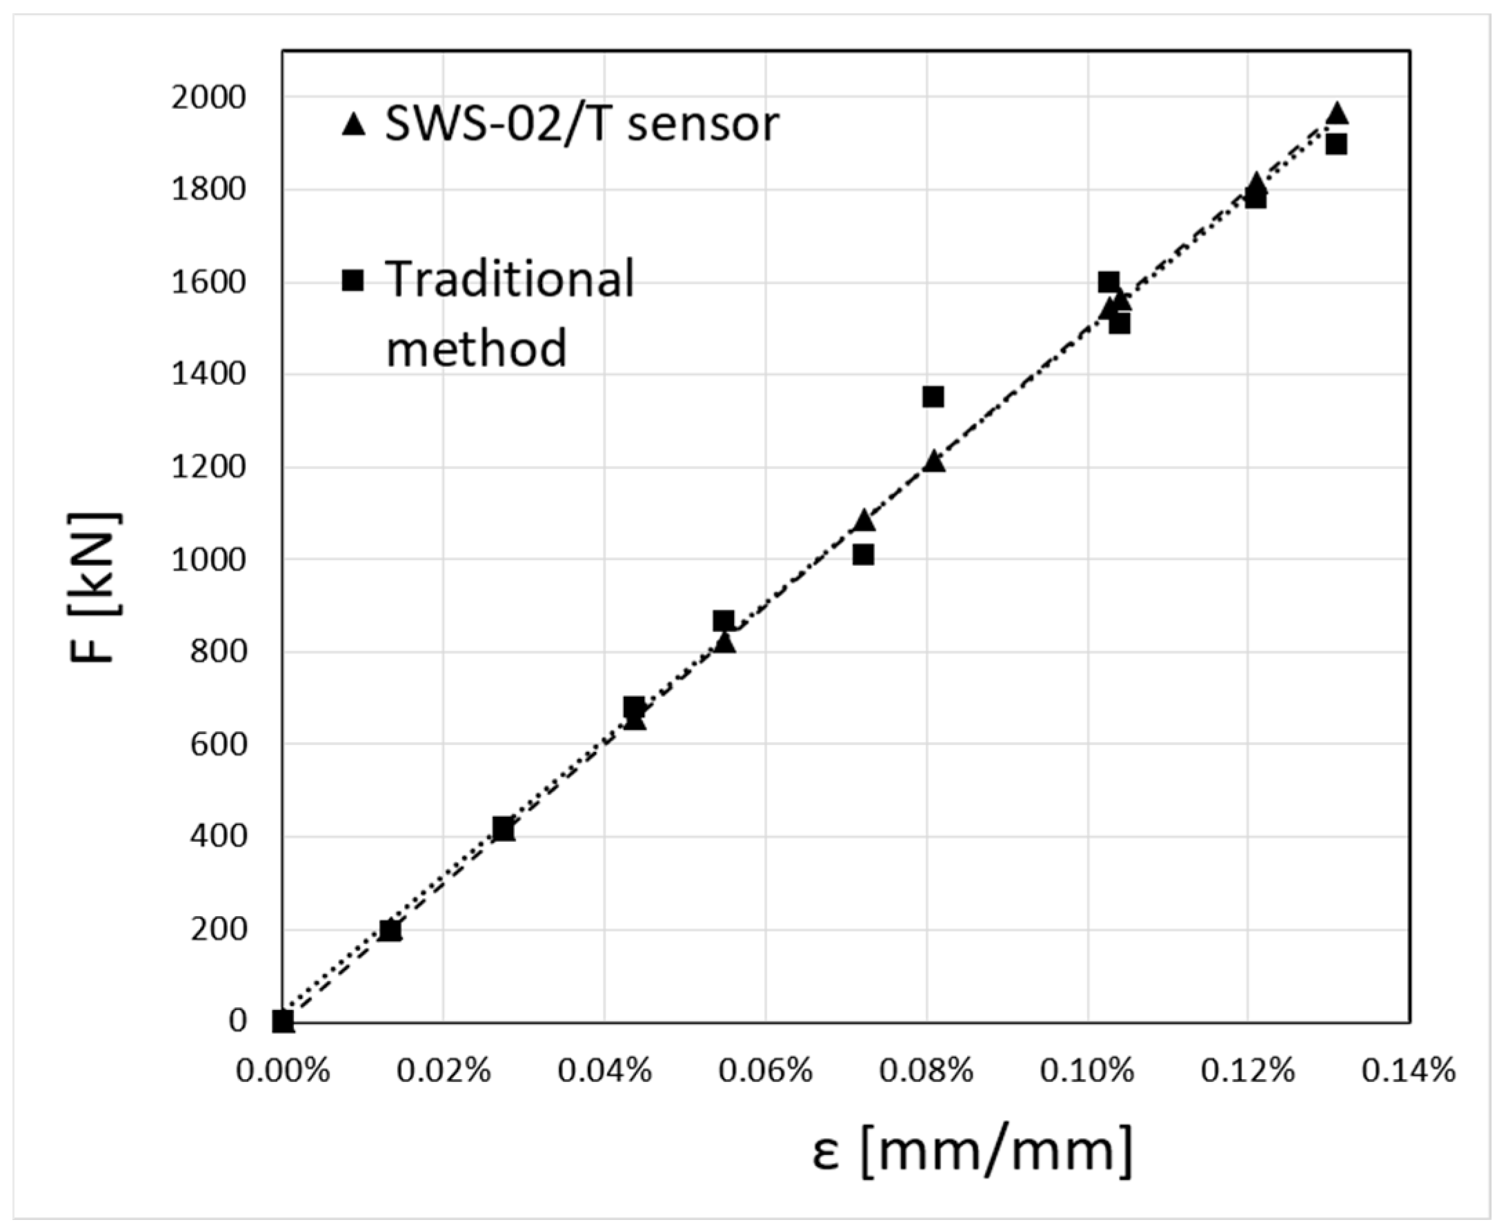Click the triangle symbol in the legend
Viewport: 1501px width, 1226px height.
click(x=353, y=125)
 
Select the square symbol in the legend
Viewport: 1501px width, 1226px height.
click(x=352, y=280)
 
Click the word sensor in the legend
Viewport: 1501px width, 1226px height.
click(x=703, y=124)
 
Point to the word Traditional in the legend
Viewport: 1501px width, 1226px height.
click(x=510, y=279)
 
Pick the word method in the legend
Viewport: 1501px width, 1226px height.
click(x=477, y=347)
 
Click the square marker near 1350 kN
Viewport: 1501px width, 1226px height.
click(x=933, y=396)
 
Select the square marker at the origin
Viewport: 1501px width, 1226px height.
click(x=283, y=1021)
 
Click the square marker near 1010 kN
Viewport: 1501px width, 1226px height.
click(x=863, y=555)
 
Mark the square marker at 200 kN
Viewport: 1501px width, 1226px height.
click(x=390, y=930)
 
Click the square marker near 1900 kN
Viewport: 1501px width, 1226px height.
click(x=1335, y=145)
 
